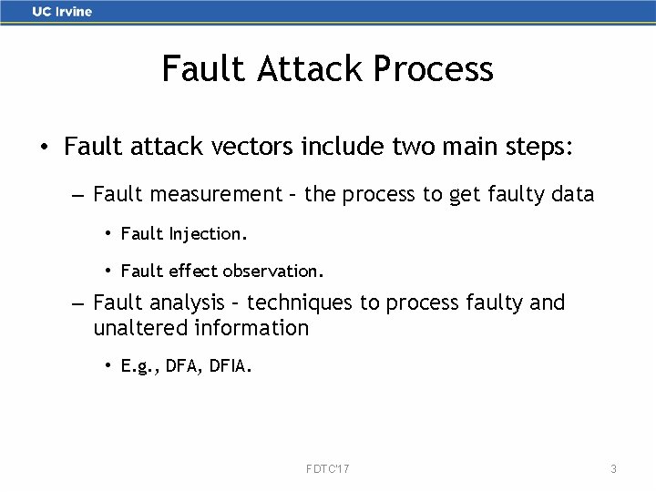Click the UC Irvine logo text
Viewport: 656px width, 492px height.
coord(62,12)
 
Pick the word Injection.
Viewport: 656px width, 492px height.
coord(207,233)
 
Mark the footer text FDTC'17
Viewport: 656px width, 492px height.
coord(327,468)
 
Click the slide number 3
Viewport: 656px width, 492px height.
coord(613,468)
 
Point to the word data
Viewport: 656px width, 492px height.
coord(571,194)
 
